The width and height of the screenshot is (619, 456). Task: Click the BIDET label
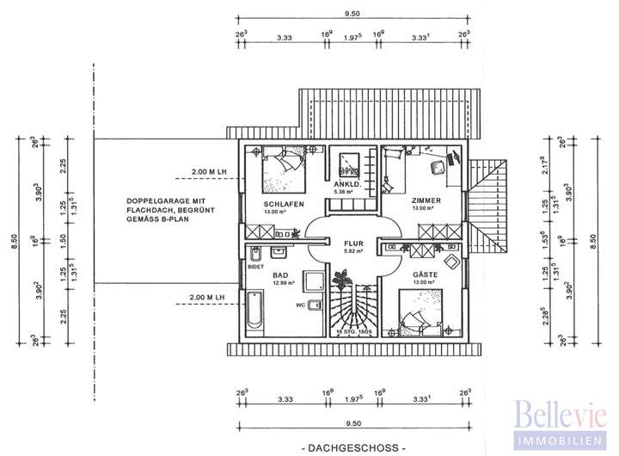pyautogui.click(x=254, y=268)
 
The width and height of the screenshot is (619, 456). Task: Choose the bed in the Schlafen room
pyautogui.click(x=283, y=170)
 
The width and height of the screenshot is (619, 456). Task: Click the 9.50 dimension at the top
pyautogui.click(x=352, y=14)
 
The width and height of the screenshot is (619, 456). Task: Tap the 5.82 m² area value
pyautogui.click(x=353, y=252)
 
